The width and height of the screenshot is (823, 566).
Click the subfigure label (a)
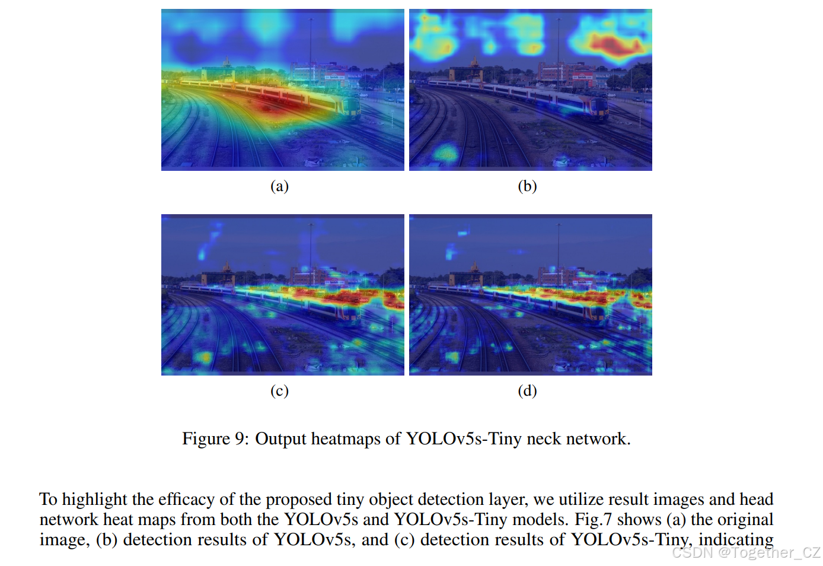(x=279, y=186)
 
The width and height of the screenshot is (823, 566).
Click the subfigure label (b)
(x=527, y=186)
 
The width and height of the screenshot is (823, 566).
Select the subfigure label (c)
(x=279, y=391)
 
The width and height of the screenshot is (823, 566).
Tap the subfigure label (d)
(x=527, y=391)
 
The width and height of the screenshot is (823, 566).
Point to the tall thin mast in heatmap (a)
(x=310, y=42)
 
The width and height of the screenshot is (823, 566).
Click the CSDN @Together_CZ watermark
(x=746, y=553)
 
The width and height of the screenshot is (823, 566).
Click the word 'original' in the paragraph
(x=747, y=520)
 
